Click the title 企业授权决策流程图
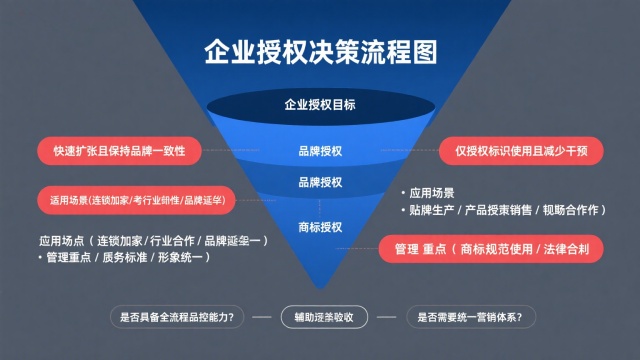point(320,52)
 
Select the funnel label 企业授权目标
point(320,104)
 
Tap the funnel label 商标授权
point(320,226)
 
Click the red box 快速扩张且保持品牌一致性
point(119,151)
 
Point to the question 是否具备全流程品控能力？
point(176,318)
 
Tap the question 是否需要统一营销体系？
point(468,318)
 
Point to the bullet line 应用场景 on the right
point(432,192)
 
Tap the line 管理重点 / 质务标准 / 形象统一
point(123,259)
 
